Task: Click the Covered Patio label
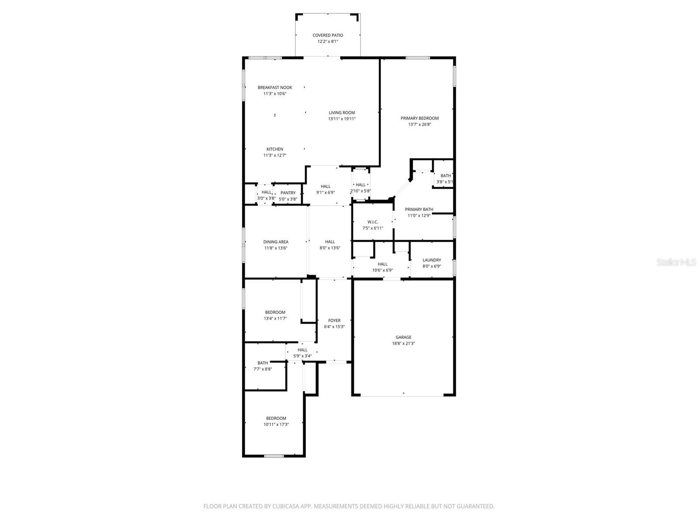328,35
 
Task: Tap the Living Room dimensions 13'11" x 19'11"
342,119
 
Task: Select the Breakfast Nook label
275,87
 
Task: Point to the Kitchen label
275,149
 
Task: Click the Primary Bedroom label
420,118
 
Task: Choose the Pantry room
288,193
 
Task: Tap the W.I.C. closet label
373,222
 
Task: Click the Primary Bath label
419,210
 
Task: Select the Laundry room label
431,260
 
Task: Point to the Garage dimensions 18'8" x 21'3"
403,344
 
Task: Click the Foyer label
334,321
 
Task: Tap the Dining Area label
276,242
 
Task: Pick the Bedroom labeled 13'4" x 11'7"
275,312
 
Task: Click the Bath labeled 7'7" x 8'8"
263,363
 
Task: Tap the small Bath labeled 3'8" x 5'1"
445,176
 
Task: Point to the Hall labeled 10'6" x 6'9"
383,264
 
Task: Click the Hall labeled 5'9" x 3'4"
302,350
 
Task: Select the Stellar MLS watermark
676,262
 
